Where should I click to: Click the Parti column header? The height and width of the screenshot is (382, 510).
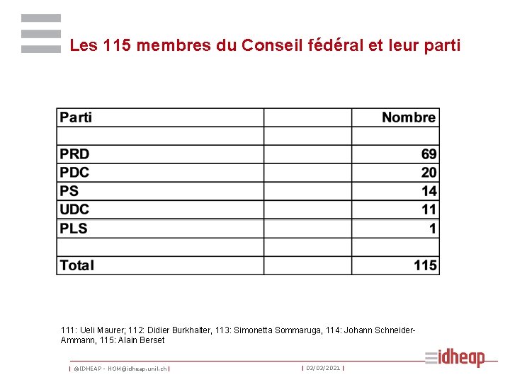pyautogui.click(x=76, y=117)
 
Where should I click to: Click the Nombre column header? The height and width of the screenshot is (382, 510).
pyautogui.click(x=409, y=117)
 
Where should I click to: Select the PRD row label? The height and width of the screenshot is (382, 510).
pyautogui.click(x=74, y=154)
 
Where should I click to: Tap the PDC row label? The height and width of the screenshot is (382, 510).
pyautogui.click(x=74, y=173)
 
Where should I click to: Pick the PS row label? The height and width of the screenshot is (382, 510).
pyautogui.click(x=69, y=191)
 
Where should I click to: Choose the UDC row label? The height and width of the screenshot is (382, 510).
pyautogui.click(x=74, y=209)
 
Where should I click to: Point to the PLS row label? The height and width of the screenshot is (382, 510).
pyautogui.click(x=74, y=228)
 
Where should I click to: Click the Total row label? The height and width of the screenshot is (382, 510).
pyautogui.click(x=77, y=265)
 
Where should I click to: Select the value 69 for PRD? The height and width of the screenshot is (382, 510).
pyautogui.click(x=429, y=154)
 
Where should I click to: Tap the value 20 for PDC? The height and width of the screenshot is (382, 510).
pyautogui.click(x=429, y=173)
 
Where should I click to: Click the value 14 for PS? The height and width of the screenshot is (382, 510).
pyautogui.click(x=429, y=191)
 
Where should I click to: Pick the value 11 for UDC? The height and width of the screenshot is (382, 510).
pyautogui.click(x=429, y=209)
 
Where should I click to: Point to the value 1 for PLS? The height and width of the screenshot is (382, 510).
pyautogui.click(x=433, y=228)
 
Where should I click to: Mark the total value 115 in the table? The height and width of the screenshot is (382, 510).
pyautogui.click(x=425, y=265)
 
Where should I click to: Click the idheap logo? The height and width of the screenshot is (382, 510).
pyautogui.click(x=455, y=358)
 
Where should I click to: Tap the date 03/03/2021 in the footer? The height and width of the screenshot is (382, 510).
pyautogui.click(x=323, y=368)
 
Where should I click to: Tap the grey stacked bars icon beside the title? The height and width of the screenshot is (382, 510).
pyautogui.click(x=41, y=33)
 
